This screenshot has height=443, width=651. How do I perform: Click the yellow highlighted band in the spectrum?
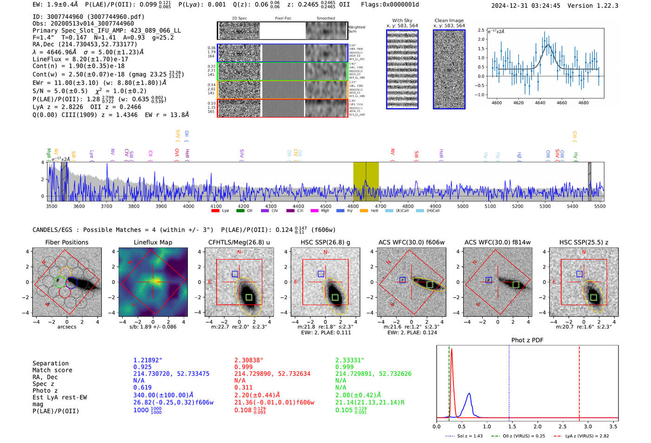(x=365, y=181)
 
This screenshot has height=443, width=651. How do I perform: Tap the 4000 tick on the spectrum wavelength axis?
(x=188, y=206)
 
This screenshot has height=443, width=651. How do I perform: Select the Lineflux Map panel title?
(x=153, y=242)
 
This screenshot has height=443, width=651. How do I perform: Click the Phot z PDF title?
(x=527, y=340)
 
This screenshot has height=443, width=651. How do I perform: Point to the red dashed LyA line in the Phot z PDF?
(x=579, y=381)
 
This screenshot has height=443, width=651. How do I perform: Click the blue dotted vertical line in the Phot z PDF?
(x=509, y=381)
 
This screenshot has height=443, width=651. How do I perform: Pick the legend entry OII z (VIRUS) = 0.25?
(x=518, y=436)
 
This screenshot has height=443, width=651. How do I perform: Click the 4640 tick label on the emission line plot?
(x=540, y=103)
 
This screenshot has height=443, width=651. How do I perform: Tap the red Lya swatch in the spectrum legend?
(x=215, y=211)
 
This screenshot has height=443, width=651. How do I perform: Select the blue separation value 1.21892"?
(x=148, y=360)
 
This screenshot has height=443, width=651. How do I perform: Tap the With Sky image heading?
(x=402, y=20)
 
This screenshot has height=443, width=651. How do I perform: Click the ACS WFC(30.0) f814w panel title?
(x=497, y=242)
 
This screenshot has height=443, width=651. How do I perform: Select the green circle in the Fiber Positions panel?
(x=60, y=281)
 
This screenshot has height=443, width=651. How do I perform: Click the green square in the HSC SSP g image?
(x=335, y=298)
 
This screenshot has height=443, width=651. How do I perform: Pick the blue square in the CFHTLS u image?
(x=235, y=274)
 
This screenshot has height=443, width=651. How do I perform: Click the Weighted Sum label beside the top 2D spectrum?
(x=356, y=29)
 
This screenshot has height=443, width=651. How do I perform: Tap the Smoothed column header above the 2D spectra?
(x=325, y=19)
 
